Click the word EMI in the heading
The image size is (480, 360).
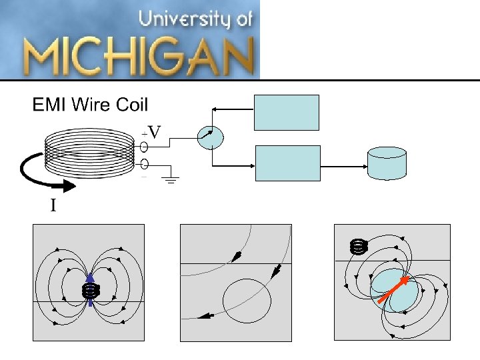coord(49,105)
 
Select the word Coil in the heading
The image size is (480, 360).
coord(131,105)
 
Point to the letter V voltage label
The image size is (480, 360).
coord(155,132)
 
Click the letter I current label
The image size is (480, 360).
coord(53,206)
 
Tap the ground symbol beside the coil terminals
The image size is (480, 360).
coord(171,179)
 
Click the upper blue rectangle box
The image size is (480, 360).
coord(287,112)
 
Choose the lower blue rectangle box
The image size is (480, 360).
coord(288,163)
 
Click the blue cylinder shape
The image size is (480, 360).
coord(387,163)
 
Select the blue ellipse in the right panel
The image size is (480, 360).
coord(396,292)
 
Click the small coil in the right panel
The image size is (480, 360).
coord(359,247)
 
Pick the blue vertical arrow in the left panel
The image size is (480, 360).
coord(90,289)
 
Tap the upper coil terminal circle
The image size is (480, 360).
coord(144,145)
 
